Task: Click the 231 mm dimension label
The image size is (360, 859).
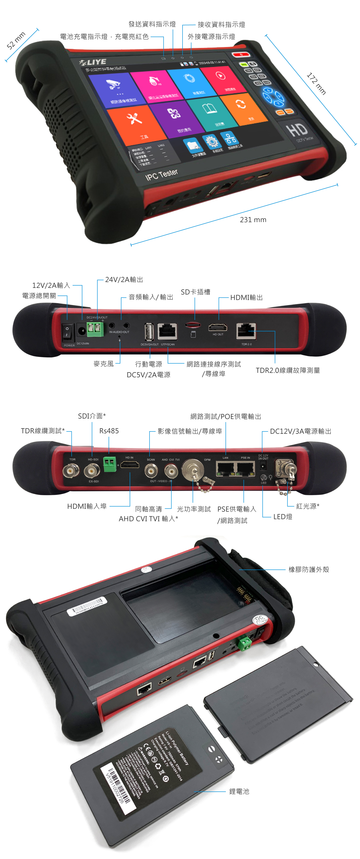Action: coord(253,219)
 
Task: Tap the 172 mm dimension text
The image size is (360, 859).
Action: coord(316,84)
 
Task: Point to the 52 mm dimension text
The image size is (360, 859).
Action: coord(16,41)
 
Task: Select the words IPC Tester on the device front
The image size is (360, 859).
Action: coord(162,174)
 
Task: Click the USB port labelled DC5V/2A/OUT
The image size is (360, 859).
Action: coord(149,332)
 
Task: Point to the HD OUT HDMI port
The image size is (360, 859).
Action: coord(218,328)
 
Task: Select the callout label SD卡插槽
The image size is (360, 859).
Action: coord(195,292)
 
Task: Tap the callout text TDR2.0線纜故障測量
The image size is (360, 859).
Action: coord(288,370)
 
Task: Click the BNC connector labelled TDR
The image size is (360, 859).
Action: coord(71,470)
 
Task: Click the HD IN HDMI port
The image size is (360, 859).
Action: coord(130,464)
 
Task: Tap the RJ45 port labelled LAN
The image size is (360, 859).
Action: coord(226,469)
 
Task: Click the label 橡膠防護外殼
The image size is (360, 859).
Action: coord(309,570)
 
